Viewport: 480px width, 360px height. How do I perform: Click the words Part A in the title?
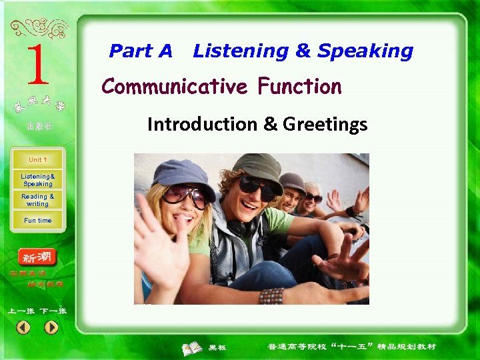141,51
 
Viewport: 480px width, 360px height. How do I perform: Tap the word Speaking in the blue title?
365,51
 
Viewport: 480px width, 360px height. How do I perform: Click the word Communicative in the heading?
175,87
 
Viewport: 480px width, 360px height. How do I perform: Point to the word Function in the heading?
299,87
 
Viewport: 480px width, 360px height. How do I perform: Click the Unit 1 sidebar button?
37,160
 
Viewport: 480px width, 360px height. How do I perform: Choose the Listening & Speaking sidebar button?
37,180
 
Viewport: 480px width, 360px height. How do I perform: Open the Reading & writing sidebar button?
37,200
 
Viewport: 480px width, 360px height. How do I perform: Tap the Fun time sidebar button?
37,220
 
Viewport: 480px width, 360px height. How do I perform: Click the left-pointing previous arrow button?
23,327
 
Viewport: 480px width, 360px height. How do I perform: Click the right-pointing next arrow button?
51,327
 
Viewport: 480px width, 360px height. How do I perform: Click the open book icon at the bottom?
193,347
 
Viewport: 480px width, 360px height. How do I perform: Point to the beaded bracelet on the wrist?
271,295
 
